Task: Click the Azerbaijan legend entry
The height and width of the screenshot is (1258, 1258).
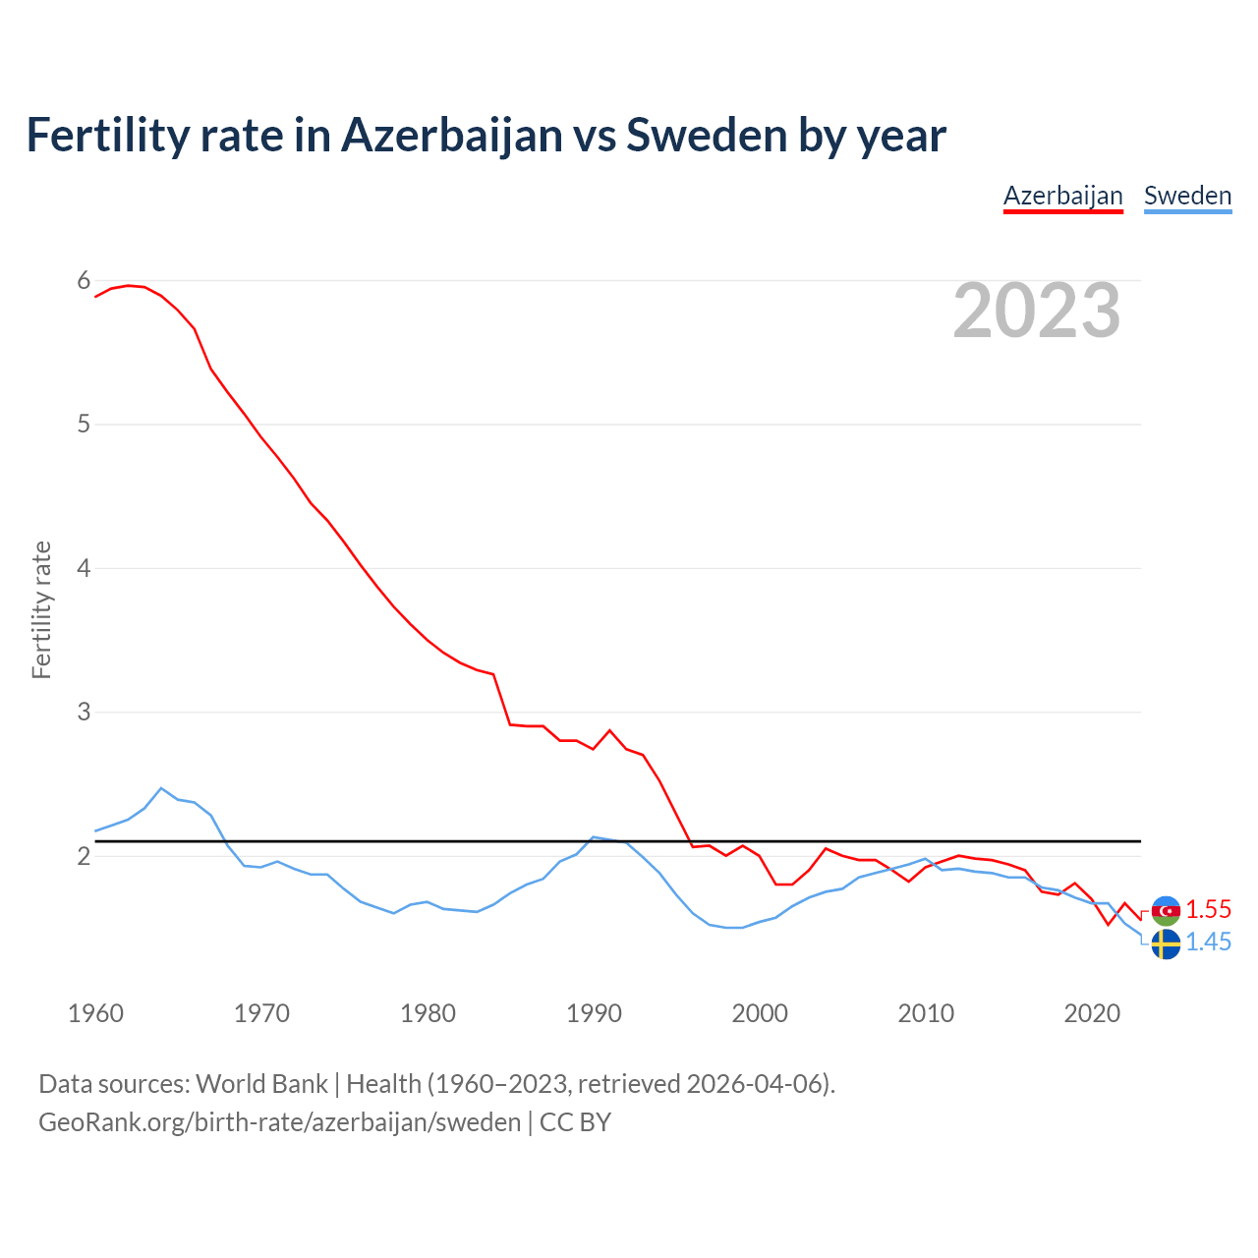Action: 1062,196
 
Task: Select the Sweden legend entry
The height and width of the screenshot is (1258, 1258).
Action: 1187,196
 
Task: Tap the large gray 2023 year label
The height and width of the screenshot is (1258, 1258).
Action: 1036,311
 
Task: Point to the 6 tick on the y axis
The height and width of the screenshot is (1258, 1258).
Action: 84,281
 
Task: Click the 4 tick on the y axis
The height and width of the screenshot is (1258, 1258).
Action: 84,568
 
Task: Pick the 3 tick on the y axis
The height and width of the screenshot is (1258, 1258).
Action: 84,712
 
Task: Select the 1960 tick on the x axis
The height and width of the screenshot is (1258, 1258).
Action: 95,1013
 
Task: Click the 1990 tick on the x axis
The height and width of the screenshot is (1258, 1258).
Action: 594,1013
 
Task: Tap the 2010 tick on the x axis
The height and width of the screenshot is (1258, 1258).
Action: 926,1013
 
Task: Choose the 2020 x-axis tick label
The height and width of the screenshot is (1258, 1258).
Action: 1092,1013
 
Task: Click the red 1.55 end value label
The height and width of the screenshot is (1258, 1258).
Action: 1208,909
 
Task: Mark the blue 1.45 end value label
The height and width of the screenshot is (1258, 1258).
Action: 1208,942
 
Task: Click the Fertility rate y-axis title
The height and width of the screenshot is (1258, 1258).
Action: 41,609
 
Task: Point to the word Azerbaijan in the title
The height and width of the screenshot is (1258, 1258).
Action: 452,135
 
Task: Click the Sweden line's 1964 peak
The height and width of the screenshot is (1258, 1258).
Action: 161,788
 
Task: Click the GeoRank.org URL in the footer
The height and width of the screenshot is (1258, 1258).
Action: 279,1122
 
